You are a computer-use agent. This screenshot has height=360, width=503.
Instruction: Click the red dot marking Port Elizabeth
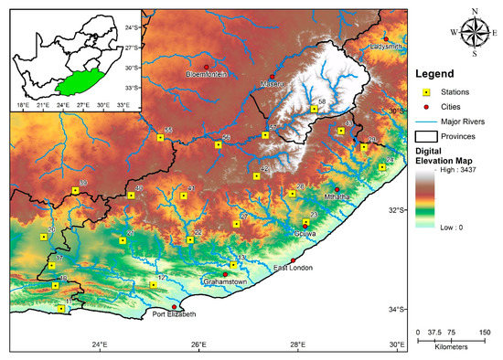(174, 307)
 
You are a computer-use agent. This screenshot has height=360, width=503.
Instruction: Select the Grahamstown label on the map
(224, 282)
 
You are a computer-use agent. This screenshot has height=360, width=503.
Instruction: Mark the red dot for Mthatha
(336, 189)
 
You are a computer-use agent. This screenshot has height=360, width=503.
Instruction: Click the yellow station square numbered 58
(314, 109)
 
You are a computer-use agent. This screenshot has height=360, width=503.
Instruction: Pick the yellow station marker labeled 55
(160, 138)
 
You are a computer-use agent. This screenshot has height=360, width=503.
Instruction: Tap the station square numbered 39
(75, 191)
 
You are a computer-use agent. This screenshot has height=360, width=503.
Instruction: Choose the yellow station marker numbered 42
(257, 176)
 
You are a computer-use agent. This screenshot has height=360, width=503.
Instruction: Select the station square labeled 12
(153, 285)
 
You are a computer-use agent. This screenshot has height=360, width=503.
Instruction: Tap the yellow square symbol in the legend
(423, 92)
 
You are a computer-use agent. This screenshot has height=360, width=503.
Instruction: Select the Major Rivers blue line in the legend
(423, 122)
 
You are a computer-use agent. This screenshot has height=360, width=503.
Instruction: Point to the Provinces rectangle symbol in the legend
(423, 136)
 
